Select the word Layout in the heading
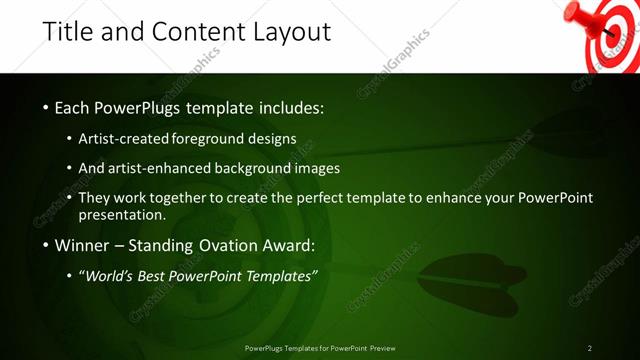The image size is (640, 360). click(x=287, y=33)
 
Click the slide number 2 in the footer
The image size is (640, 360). click(x=590, y=348)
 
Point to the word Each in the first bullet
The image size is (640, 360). click(x=74, y=107)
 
